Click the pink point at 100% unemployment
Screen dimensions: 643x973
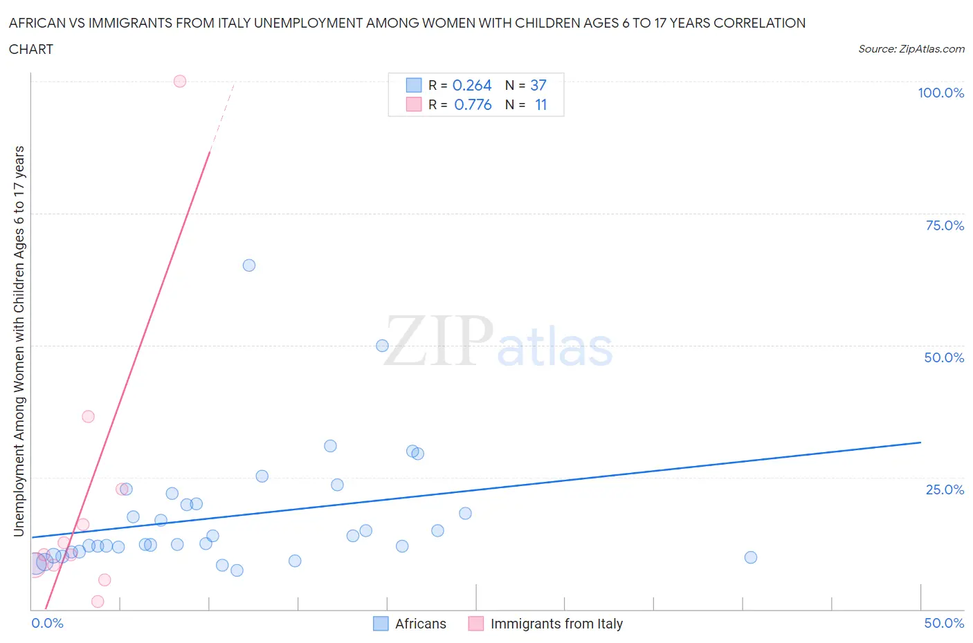click(x=180, y=81)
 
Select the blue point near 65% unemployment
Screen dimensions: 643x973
click(x=249, y=265)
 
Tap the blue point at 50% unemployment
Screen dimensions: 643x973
click(x=382, y=346)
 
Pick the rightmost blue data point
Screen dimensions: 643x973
click(x=751, y=557)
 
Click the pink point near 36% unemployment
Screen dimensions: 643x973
click(x=88, y=416)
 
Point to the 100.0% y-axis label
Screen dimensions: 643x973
click(x=940, y=93)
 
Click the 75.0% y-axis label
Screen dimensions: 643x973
click(x=945, y=225)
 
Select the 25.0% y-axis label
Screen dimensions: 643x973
click(x=945, y=490)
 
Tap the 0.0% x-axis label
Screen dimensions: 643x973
click(x=48, y=623)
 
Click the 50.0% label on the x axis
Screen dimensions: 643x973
click(x=944, y=623)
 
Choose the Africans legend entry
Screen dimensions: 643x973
click(x=410, y=624)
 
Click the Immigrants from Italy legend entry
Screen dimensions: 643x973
click(x=545, y=624)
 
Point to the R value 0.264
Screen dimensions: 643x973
click(x=472, y=85)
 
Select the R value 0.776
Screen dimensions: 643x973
click(x=473, y=104)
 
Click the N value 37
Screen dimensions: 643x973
click(x=538, y=85)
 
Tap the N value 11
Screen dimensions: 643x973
click(x=540, y=104)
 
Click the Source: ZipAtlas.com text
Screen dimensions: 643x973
click(x=911, y=48)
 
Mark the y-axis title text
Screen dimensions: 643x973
click(x=19, y=341)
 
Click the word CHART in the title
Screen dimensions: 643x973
click(x=31, y=49)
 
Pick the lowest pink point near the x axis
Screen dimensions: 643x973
click(x=98, y=602)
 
